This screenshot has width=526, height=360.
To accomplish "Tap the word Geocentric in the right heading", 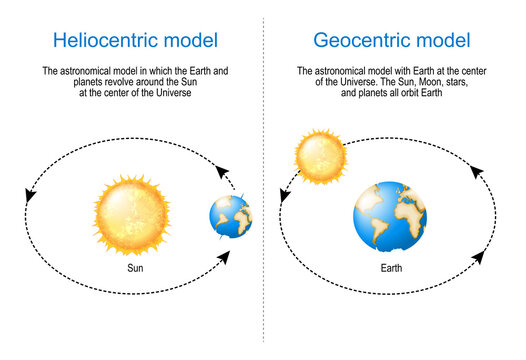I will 354,41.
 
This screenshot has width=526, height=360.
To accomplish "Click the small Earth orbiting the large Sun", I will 230,219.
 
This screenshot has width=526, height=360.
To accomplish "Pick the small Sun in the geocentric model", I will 319,153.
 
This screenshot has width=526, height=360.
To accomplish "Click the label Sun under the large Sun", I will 138,269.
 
